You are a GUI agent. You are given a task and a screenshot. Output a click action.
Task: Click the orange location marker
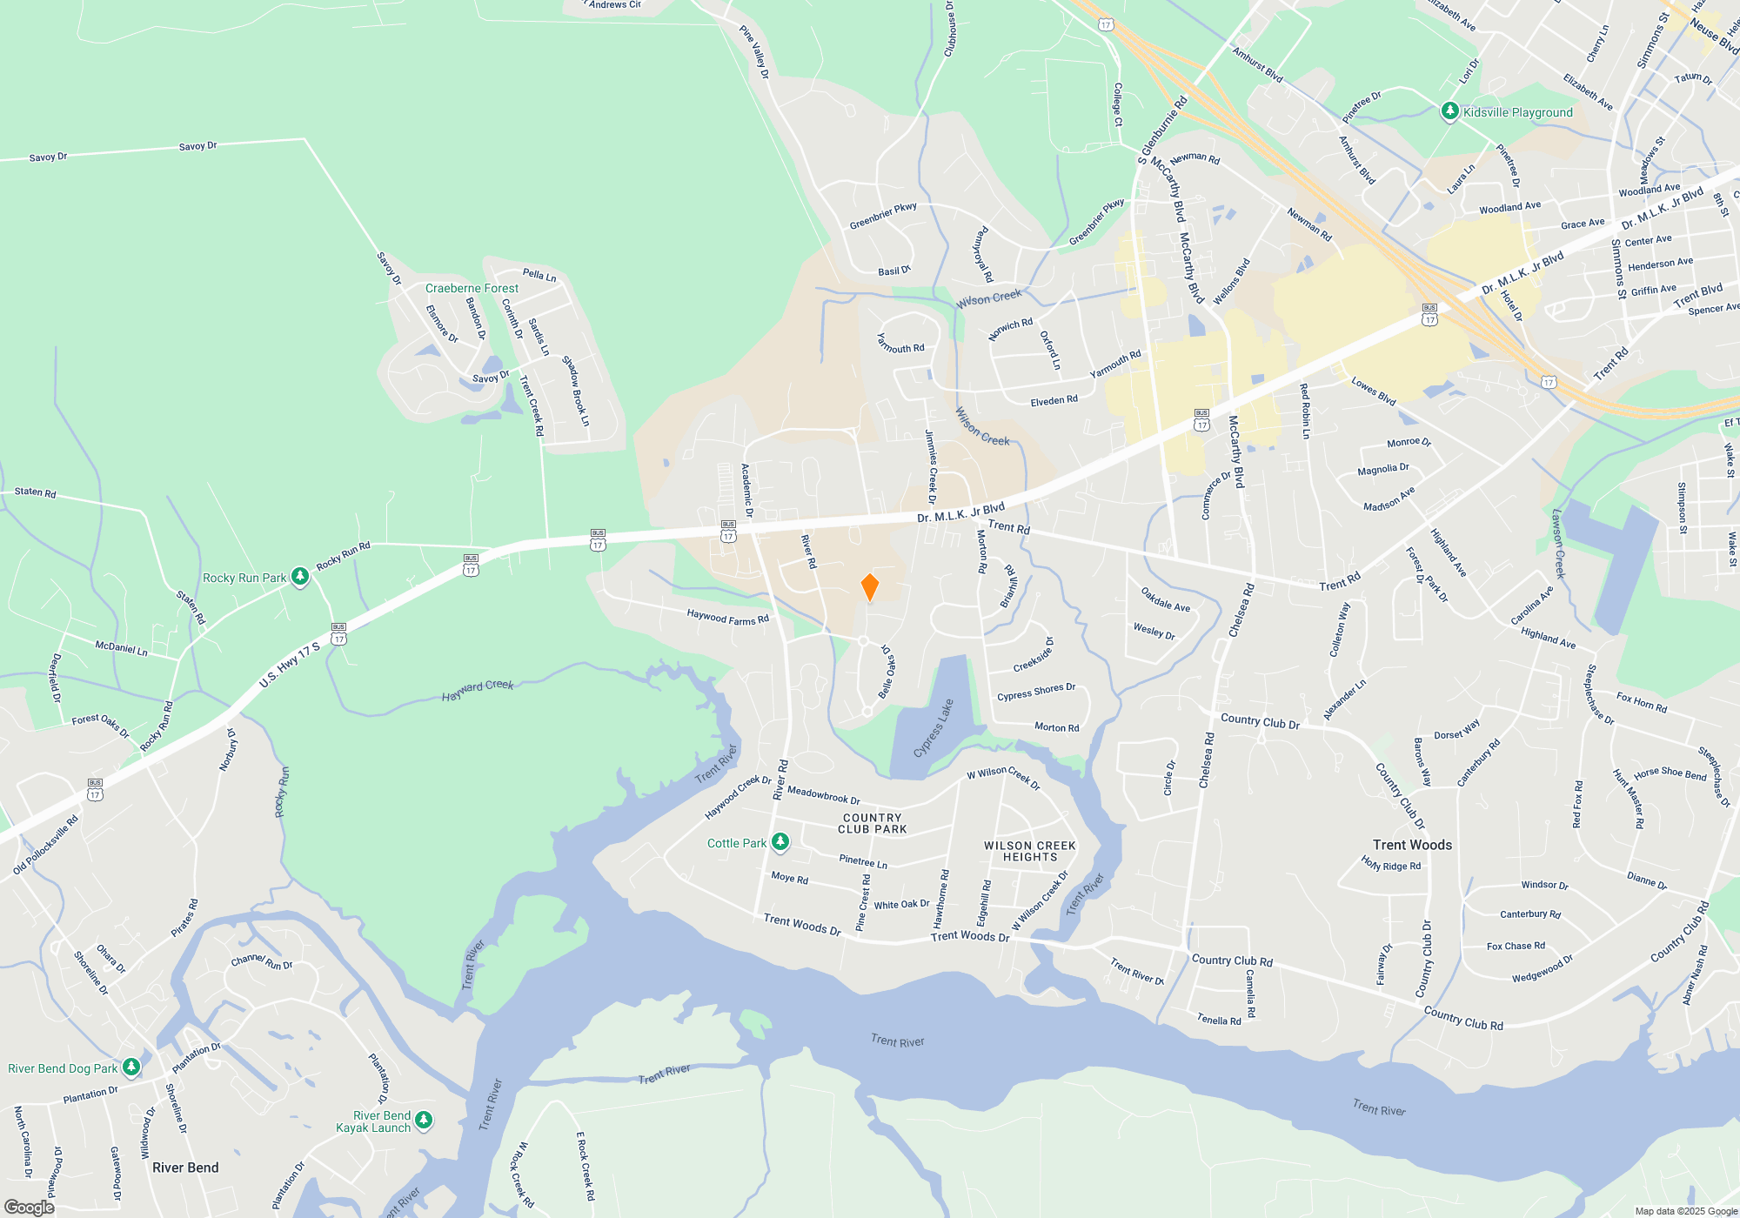point(869,587)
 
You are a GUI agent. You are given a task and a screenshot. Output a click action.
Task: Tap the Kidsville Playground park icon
point(1449,111)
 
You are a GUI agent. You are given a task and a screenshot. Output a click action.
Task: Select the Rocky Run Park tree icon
point(299,576)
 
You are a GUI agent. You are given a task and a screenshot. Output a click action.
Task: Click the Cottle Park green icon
point(780,841)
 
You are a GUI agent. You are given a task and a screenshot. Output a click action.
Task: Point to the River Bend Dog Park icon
point(131,1067)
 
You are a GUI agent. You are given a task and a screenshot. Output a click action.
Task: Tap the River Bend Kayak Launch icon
point(424,1120)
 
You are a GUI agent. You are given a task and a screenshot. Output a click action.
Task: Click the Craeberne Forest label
point(472,288)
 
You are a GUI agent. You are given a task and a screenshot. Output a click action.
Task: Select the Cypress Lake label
point(934,728)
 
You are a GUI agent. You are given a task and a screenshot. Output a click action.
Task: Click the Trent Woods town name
point(1412,845)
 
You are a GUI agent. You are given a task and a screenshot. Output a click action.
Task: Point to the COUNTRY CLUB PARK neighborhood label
point(872,823)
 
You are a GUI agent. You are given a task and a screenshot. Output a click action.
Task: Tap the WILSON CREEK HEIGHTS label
point(1030,851)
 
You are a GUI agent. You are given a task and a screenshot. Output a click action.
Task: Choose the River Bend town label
point(185,1168)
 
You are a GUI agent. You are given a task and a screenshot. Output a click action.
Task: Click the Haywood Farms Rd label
point(727,618)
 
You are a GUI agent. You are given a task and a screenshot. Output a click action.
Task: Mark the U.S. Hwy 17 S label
point(290,666)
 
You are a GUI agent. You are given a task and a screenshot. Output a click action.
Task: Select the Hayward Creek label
point(478,690)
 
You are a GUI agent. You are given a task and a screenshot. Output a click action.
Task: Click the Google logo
point(29,1207)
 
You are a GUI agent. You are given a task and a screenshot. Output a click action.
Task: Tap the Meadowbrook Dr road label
point(823,795)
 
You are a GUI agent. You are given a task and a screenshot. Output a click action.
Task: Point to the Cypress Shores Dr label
point(1036,692)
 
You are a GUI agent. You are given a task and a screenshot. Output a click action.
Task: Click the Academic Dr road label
point(746,491)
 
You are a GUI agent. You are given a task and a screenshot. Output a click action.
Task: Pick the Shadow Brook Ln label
point(575,391)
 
